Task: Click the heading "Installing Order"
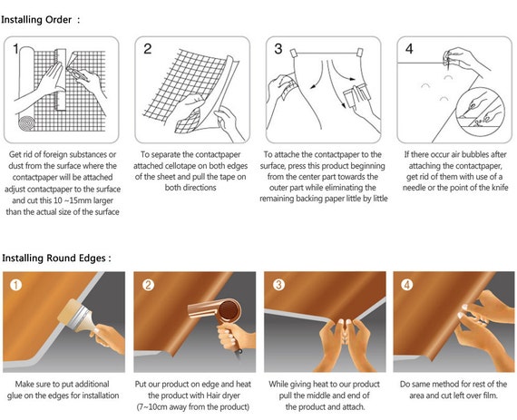(x=36, y=20)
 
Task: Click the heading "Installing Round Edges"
(x=54, y=259)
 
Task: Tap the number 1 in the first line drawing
(x=15, y=49)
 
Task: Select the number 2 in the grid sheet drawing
(x=147, y=49)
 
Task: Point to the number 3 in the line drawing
(x=278, y=49)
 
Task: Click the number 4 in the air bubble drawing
(x=409, y=49)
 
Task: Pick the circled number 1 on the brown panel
(x=15, y=285)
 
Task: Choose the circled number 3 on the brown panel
(x=278, y=285)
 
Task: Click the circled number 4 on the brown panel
(x=407, y=285)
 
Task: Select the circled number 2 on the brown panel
(x=148, y=285)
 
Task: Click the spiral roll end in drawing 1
(x=26, y=123)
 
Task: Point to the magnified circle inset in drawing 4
(x=481, y=112)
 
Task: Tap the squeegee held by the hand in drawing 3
(x=356, y=95)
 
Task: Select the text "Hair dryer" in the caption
(x=223, y=396)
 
